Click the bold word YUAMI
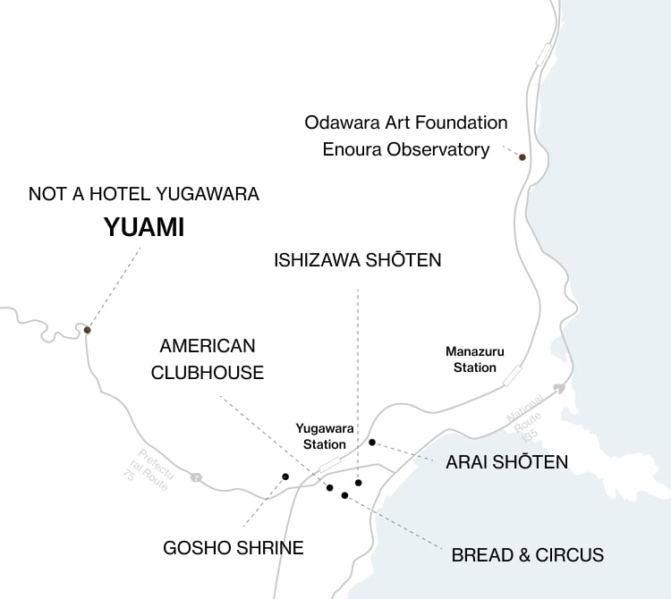pos(144,228)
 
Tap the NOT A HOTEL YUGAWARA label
pos(144,193)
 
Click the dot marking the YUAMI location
pos(87,330)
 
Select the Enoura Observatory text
pos(405,149)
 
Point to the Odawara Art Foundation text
pos(406,122)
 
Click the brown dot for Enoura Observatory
pos(522,157)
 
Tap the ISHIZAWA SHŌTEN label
pos(357,260)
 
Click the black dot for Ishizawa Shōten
pos(358,483)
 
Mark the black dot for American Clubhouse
pos(329,487)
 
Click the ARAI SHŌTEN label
pos(506,462)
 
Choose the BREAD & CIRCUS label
pos(527,555)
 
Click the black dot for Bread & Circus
pos(344,495)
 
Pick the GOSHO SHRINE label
pos(234,547)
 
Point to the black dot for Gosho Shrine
pos(285,477)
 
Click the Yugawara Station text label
pos(321,436)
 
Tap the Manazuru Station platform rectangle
pos(513,375)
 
